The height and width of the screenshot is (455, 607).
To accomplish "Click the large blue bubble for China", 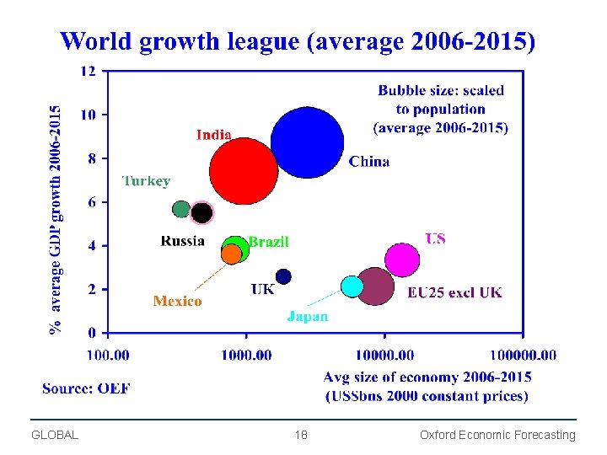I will tap(308, 142).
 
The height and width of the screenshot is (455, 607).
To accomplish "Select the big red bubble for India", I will tap(244, 171).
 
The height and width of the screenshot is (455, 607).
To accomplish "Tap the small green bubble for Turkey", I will tap(181, 209).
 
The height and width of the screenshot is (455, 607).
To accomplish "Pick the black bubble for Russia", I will tap(201, 212).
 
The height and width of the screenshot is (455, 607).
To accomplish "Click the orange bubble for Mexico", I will tap(231, 254).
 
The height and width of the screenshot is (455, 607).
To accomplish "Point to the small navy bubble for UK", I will tap(283, 276).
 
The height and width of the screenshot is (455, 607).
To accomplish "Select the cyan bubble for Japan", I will tap(352, 286).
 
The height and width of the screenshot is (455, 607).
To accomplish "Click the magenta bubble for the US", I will tap(402, 260).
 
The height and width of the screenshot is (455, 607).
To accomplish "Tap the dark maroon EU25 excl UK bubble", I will tap(376, 286).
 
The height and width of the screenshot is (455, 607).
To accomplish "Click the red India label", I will tap(214, 135).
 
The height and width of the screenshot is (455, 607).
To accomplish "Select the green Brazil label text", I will tap(268, 242).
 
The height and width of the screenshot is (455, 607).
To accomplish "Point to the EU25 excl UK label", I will tap(454, 292).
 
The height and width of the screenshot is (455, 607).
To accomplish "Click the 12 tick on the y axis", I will tap(89, 71).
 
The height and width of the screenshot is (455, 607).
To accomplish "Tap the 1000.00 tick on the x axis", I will tap(246, 355).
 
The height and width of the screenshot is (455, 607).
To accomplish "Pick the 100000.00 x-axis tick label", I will tap(524, 355).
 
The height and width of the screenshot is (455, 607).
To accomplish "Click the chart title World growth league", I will tap(298, 41).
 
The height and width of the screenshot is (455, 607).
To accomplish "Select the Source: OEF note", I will tap(87, 388).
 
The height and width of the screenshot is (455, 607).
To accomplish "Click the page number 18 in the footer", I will tap(301, 435).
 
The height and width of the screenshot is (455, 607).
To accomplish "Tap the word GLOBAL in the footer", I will tap(55, 435).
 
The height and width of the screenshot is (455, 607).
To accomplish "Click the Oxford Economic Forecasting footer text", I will tap(497, 435).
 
